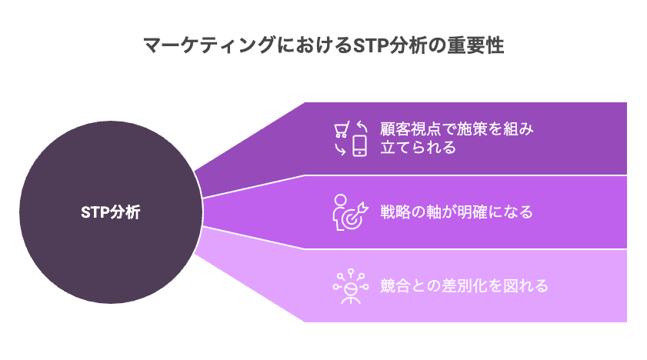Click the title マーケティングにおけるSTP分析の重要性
pyautogui.click(x=323, y=45)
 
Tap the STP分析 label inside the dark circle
pyautogui.click(x=111, y=212)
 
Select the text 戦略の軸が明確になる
pyautogui.click(x=456, y=212)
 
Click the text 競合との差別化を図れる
pyautogui.click(x=464, y=286)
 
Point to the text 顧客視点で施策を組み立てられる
pyautogui.click(x=457, y=138)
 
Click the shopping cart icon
pyautogui.click(x=342, y=129)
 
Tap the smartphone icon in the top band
pyautogui.click(x=360, y=145)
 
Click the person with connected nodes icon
pyautogui.click(x=350, y=286)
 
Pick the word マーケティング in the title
pyautogui.click(x=209, y=45)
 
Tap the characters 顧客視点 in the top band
pyautogui.click(x=410, y=129)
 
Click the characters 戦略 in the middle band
pyautogui.click(x=395, y=212)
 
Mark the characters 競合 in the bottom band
pyautogui.click(x=395, y=286)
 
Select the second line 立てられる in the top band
pyautogui.click(x=418, y=147)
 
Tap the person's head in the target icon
pyautogui.click(x=340, y=200)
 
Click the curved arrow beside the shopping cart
pyautogui.click(x=362, y=126)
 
